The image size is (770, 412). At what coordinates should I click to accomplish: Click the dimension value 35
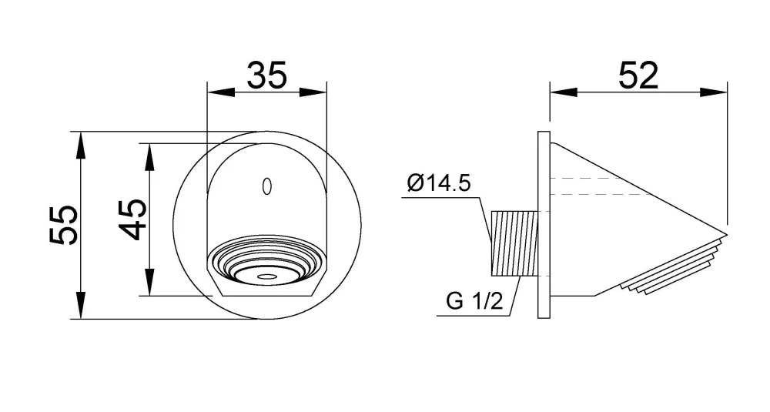[x=266, y=75]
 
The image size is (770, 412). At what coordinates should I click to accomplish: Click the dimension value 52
[x=638, y=75]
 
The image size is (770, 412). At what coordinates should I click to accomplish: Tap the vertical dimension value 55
[x=63, y=225]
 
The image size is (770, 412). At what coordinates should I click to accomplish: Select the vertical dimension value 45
[x=132, y=219]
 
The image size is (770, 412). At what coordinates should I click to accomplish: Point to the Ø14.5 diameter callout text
[x=439, y=183]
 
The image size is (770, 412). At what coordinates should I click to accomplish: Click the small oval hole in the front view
[x=266, y=186]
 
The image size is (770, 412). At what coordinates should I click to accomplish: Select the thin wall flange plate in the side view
[x=544, y=225]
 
